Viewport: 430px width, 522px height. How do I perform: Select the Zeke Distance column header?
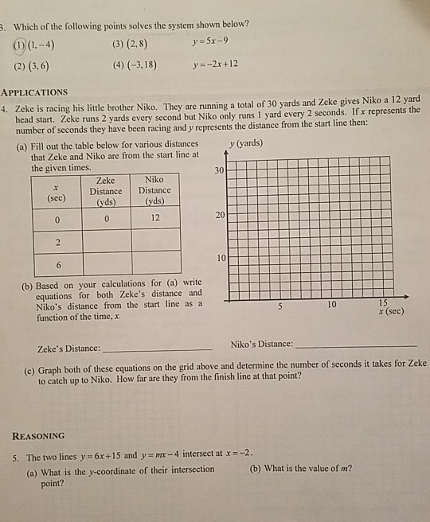click(105, 190)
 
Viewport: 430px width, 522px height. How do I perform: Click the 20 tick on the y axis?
click(219, 216)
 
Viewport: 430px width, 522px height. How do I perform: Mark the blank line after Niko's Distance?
click(355, 345)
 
